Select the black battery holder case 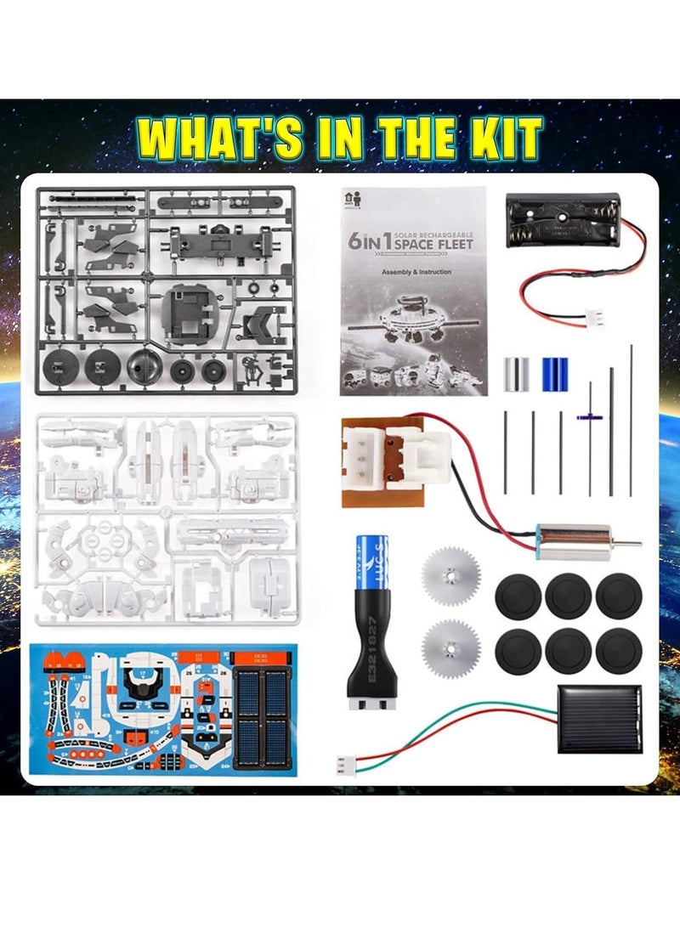click(562, 220)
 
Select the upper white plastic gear click(450, 575)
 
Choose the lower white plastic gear click(450, 648)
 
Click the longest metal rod click(631, 420)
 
